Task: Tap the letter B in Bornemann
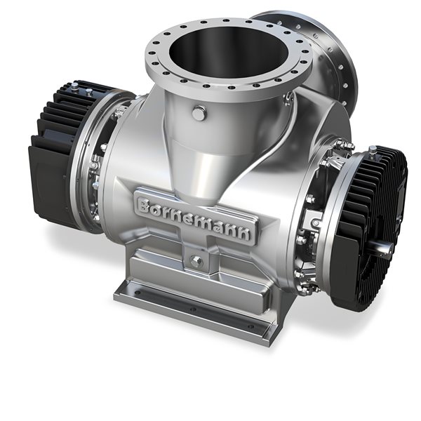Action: coord(145,204)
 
